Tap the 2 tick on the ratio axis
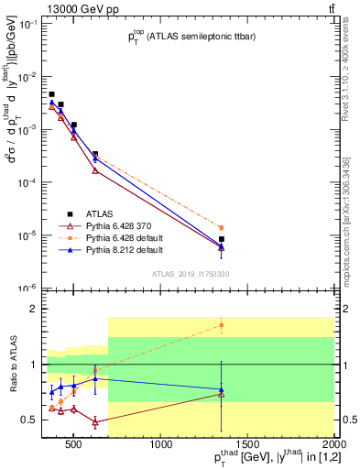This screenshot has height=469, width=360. tap(37, 310)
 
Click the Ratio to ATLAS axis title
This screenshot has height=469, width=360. tap(14, 365)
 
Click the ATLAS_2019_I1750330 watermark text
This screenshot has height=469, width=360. tap(190, 274)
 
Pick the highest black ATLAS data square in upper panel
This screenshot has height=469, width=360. tap(51, 94)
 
